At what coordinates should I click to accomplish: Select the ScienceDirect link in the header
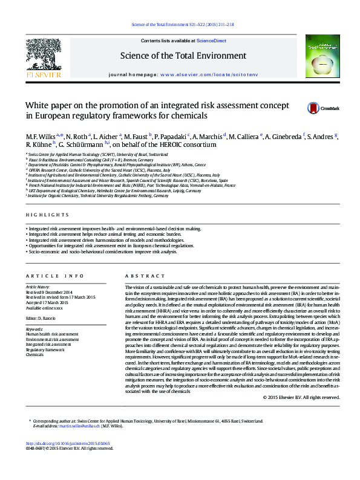point(212,41)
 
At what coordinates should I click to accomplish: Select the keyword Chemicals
point(34,355)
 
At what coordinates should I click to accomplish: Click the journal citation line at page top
point(182,25)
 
